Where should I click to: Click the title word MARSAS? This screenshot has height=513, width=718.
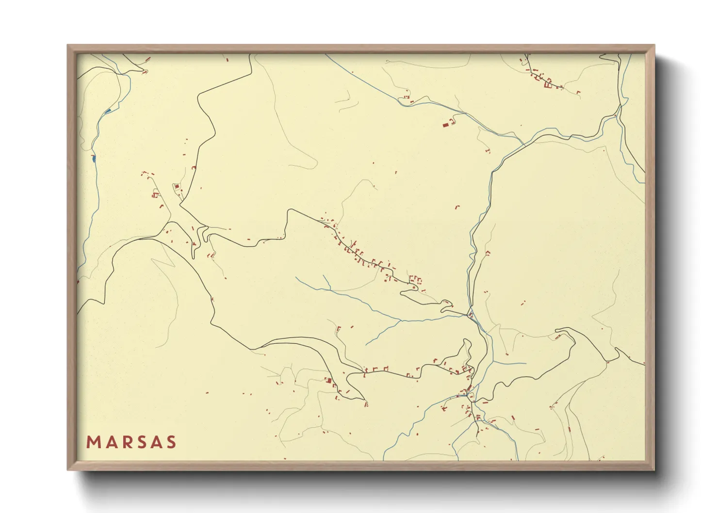click(131, 442)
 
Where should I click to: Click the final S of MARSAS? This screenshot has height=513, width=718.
click(170, 442)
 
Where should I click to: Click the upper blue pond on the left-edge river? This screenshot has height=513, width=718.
click(108, 111)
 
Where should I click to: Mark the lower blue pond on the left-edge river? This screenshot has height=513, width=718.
click(93, 158)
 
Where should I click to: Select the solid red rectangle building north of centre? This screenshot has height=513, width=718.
click(445, 125)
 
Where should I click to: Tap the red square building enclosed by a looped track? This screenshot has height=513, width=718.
click(177, 187)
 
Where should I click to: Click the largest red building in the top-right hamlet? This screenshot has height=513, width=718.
click(548, 85)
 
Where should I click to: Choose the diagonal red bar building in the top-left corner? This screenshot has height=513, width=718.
click(148, 59)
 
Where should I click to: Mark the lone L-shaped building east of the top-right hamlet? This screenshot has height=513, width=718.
click(578, 92)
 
